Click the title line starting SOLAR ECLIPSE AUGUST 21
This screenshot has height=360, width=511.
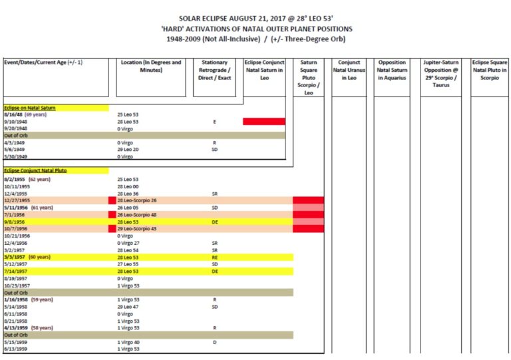click(256, 19)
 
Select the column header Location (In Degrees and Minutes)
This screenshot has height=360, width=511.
click(150, 66)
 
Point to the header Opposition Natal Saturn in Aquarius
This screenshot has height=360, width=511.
click(392, 70)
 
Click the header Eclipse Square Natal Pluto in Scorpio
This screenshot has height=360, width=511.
click(489, 70)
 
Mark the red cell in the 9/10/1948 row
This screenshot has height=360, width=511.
click(263, 122)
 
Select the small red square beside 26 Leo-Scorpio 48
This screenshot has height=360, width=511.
click(111, 214)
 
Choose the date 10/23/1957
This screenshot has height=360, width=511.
click(18, 285)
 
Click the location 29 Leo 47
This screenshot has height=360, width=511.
click(129, 306)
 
